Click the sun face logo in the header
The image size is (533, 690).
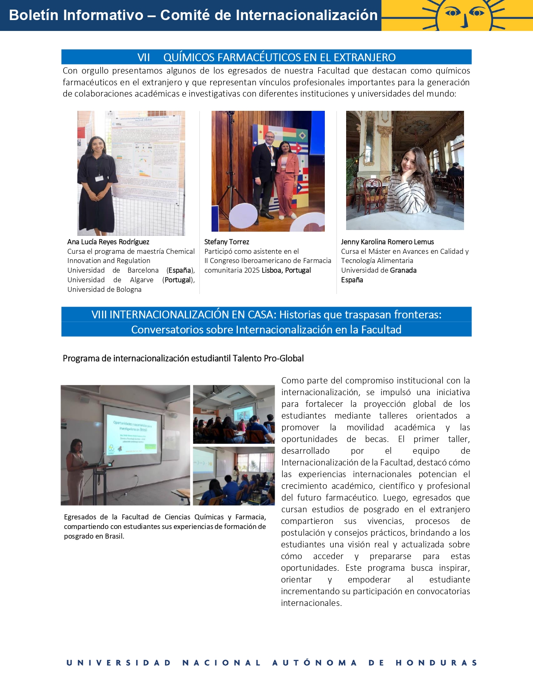(x=464, y=15)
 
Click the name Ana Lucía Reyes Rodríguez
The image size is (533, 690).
(x=108, y=242)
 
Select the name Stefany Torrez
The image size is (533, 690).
(x=227, y=242)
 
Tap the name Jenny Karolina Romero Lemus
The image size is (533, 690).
(x=387, y=242)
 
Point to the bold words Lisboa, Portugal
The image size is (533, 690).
(x=286, y=270)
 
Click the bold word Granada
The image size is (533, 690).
(x=403, y=270)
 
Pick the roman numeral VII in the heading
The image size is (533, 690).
(x=143, y=57)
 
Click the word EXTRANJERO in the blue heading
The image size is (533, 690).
(x=365, y=57)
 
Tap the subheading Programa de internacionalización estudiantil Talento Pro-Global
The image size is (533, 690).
(x=183, y=358)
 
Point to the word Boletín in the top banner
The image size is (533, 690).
(x=33, y=15)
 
